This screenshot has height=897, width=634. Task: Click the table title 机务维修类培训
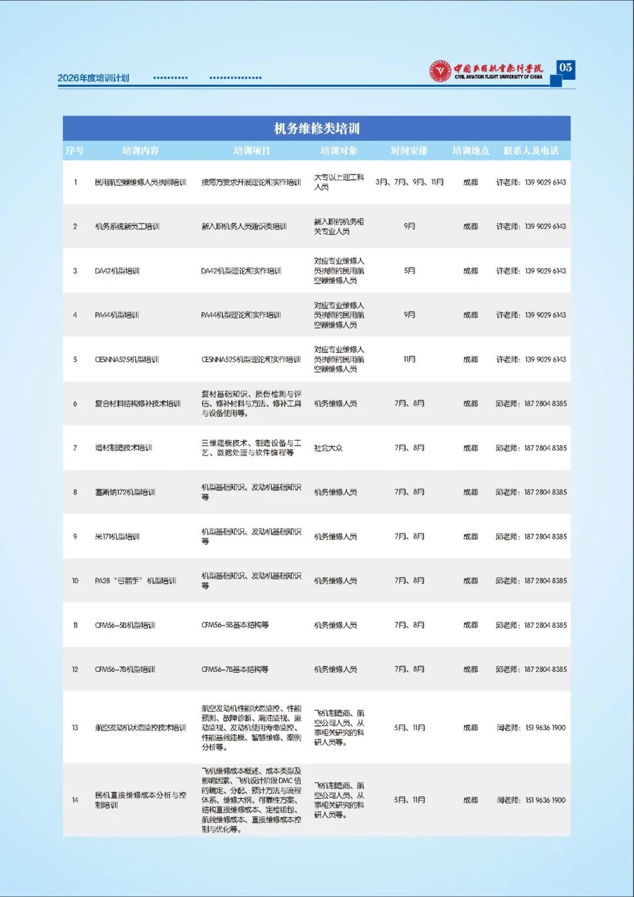pyautogui.click(x=316, y=128)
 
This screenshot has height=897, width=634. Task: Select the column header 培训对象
pyautogui.click(x=339, y=150)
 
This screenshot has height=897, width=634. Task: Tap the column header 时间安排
pyautogui.click(x=409, y=150)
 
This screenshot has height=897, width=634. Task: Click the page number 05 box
pyautogui.click(x=565, y=68)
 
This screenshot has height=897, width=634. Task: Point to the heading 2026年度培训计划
pyautogui.click(x=93, y=78)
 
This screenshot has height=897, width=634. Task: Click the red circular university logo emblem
pyautogui.click(x=440, y=71)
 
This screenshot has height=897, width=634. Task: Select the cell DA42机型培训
pyautogui.click(x=117, y=271)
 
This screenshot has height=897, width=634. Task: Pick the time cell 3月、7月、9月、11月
pyautogui.click(x=409, y=182)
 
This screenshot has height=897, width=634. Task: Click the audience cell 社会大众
pyautogui.click(x=328, y=448)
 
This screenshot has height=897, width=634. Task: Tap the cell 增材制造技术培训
pyautogui.click(x=123, y=448)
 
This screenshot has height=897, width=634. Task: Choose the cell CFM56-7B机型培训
pyautogui.click(x=125, y=669)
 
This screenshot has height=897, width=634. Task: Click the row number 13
pyautogui.click(x=75, y=728)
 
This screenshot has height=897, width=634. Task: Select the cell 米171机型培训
pyautogui.click(x=117, y=536)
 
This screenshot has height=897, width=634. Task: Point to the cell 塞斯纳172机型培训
pyautogui.click(x=125, y=492)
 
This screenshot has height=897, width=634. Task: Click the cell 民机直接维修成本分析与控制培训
pyautogui.click(x=140, y=799)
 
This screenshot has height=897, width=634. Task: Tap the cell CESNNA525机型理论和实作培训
pyautogui.click(x=251, y=360)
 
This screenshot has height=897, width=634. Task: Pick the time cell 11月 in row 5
pyautogui.click(x=409, y=360)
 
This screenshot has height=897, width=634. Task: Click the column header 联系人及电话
pyautogui.click(x=531, y=150)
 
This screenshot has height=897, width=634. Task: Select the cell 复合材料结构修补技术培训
pyautogui.click(x=137, y=404)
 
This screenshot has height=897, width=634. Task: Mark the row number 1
pyautogui.click(x=75, y=182)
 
